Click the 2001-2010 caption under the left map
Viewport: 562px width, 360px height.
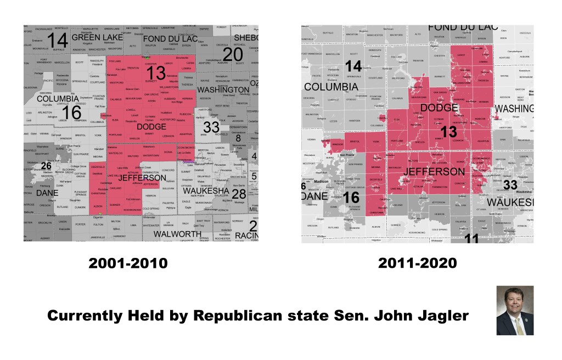[x=128, y=263]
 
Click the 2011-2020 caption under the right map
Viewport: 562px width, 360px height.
[x=417, y=263]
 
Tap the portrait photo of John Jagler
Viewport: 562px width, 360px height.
[x=514, y=310]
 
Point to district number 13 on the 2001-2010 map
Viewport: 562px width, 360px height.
[x=156, y=73]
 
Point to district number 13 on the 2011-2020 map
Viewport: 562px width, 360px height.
[x=448, y=132]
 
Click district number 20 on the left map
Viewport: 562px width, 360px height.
[x=233, y=54]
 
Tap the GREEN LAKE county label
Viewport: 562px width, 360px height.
[x=97, y=38]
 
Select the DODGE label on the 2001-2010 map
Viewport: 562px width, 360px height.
[x=151, y=127]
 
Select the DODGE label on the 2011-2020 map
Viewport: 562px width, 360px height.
[x=439, y=108]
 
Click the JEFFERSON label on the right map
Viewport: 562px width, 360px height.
[x=434, y=172]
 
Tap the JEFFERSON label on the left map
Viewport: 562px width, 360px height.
[x=142, y=178]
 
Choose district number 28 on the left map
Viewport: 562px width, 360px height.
[x=239, y=194]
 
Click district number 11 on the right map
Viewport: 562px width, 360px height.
[x=471, y=238]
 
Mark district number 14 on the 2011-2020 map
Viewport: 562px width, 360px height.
[x=353, y=67]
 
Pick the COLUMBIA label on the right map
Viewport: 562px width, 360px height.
[x=331, y=87]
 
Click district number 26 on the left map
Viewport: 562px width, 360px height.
[x=47, y=166]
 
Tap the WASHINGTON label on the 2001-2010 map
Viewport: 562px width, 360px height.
[x=223, y=89]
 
